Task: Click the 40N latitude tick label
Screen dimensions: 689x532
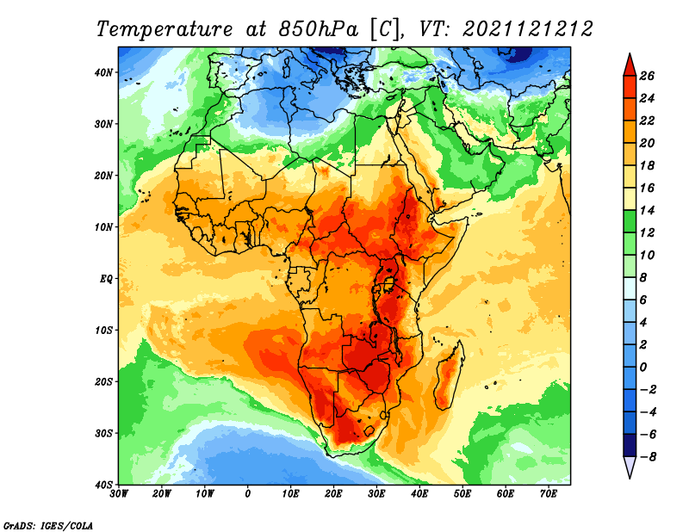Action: [103, 72]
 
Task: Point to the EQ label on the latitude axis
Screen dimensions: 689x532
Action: [106, 279]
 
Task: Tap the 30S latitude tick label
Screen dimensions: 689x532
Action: [103, 434]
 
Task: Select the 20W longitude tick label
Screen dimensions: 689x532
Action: [161, 494]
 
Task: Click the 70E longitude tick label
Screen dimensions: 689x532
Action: [548, 494]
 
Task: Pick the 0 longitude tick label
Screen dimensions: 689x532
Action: [247, 494]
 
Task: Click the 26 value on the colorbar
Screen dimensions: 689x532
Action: [647, 76]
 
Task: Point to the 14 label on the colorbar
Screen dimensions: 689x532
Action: [647, 210]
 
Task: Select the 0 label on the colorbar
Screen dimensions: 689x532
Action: [642, 368]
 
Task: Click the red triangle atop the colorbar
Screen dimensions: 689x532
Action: [630, 65]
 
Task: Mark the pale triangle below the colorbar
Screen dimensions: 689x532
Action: [630, 467]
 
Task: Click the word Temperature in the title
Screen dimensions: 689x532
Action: [164, 29]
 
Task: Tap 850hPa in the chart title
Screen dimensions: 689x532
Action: [318, 29]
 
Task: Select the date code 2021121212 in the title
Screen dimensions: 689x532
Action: [528, 29]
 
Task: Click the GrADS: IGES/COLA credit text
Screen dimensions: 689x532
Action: [48, 525]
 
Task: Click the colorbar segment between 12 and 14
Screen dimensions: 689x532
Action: [630, 221]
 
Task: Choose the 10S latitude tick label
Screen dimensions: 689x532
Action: [103, 331]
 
